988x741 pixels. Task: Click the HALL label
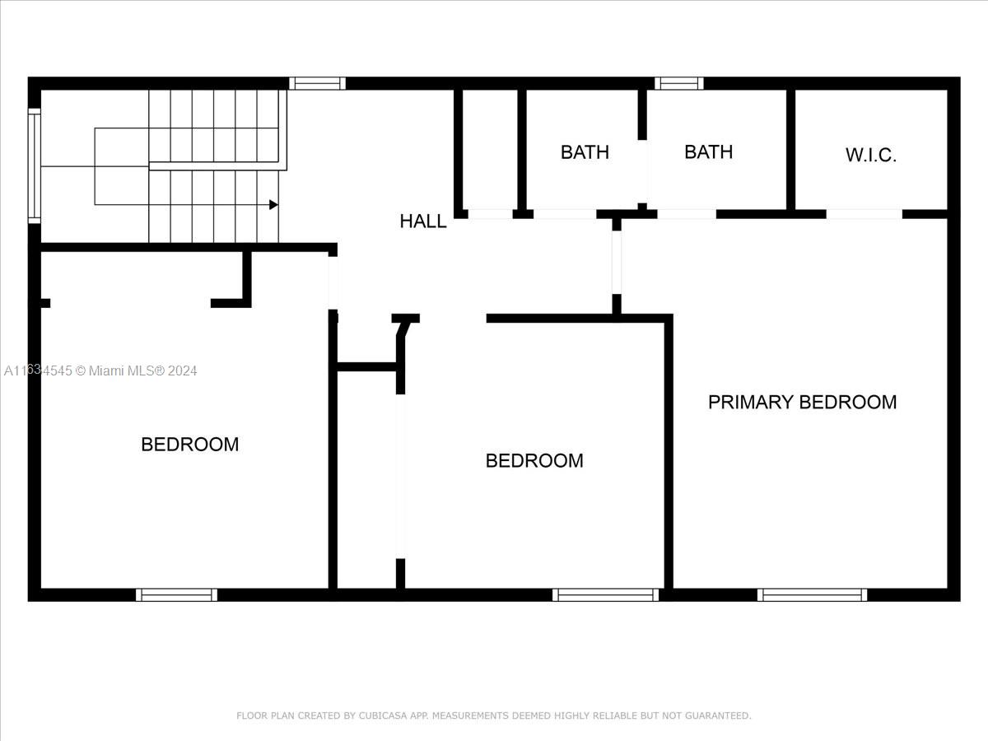[422, 221]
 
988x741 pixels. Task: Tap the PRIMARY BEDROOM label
[802, 402]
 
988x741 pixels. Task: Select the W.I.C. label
[870, 155]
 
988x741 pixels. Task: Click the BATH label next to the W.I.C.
[709, 152]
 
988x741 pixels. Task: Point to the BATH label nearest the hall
[585, 152]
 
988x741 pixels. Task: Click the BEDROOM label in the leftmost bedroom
[189, 445]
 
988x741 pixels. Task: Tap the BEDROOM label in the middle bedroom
[534, 461]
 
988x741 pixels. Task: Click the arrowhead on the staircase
[273, 205]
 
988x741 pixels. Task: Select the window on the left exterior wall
[35, 165]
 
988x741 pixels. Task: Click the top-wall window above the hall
[317, 84]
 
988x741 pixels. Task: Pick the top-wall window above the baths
[678, 84]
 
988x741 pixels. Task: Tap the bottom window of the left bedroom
[176, 594]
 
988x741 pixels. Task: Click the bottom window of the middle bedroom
[605, 594]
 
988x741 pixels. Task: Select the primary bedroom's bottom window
[812, 594]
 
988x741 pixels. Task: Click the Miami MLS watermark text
[100, 370]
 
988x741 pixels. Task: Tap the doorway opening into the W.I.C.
[864, 214]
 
